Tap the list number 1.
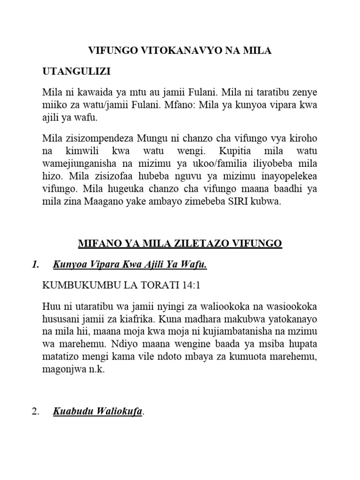pyautogui.click(x=35, y=266)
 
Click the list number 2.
pyautogui.click(x=35, y=413)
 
